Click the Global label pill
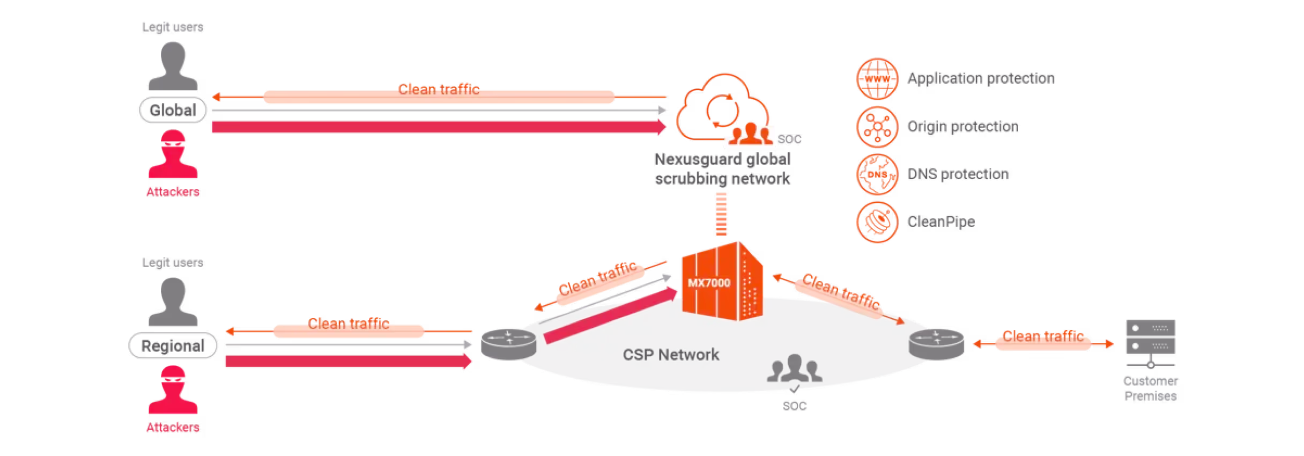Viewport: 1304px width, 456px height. [173, 111]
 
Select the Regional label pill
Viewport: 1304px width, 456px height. [173, 345]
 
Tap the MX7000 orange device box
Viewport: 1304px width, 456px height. [722, 282]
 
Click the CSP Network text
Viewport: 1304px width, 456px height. [671, 355]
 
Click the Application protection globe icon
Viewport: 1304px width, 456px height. [877, 79]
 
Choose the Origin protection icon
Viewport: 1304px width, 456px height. [877, 127]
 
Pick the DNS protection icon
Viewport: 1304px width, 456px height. [877, 174]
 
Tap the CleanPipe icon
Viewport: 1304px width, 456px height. [877, 222]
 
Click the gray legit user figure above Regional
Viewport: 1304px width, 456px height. [173, 302]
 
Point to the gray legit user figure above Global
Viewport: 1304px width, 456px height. [173, 67]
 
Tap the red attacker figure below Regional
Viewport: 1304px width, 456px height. [173, 390]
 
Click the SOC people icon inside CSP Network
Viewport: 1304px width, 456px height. [794, 370]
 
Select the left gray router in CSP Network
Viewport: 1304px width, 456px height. [508, 344]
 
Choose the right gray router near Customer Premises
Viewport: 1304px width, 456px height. [936, 343]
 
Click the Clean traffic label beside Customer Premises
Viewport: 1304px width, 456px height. [1043, 336]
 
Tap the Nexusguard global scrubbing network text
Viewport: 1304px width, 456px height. [722, 168]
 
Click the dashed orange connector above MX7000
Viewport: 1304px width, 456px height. [721, 214]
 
